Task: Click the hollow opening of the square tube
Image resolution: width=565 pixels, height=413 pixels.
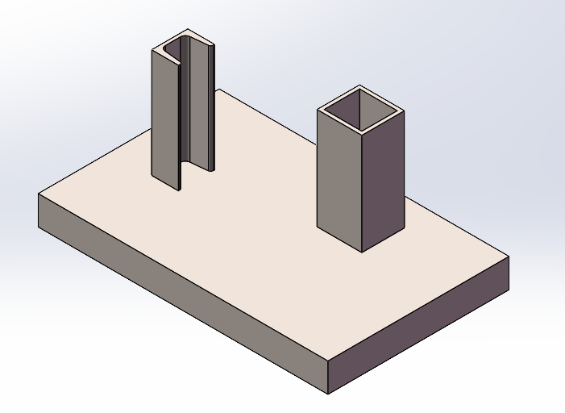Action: pos(360,111)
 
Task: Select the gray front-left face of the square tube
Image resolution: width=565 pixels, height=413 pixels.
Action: pos(339,177)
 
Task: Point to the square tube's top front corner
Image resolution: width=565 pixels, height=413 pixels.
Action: pos(361,132)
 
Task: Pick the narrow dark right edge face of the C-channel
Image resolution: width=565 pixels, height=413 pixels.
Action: pos(212,113)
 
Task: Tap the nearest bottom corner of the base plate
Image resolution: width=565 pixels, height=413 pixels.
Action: pos(328,394)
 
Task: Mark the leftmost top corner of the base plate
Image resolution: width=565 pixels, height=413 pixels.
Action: pos(39,193)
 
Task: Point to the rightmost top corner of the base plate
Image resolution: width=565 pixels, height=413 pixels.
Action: pos(509,257)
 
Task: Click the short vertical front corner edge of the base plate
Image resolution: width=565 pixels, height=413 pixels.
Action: pos(328,378)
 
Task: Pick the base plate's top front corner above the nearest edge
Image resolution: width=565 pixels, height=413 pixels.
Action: pos(328,361)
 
